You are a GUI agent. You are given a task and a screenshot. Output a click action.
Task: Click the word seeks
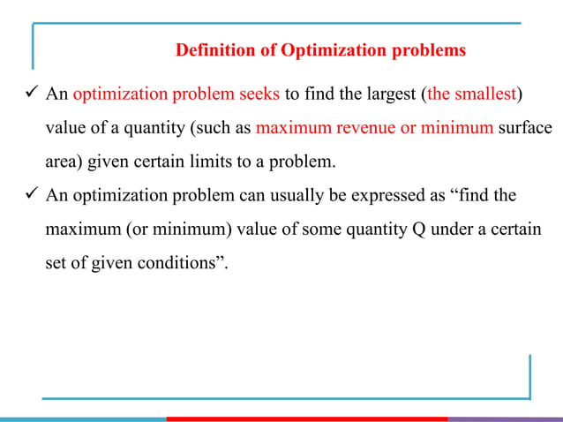click(254, 95)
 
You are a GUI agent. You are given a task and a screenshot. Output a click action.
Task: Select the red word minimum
click(457, 129)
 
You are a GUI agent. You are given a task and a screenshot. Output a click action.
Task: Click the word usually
click(259, 195)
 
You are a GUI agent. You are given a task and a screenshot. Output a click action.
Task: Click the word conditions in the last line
click(186, 262)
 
